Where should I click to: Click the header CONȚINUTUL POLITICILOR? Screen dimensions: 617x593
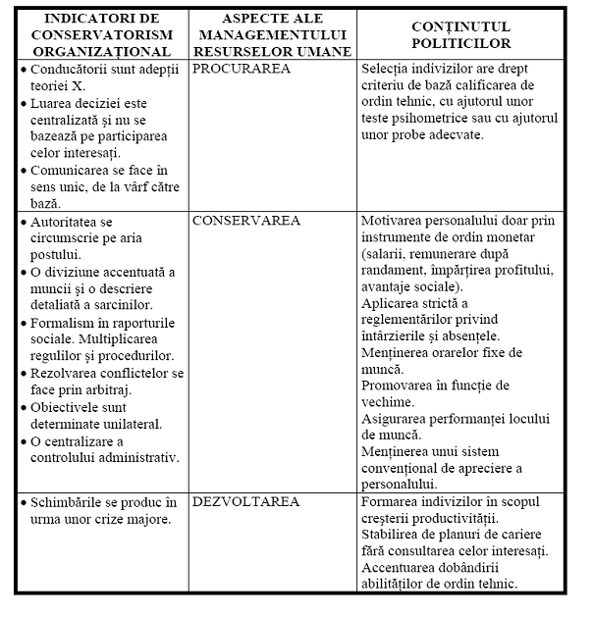point(461,36)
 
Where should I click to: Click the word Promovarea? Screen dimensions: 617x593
point(401,386)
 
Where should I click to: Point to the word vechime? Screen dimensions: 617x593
point(387,401)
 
